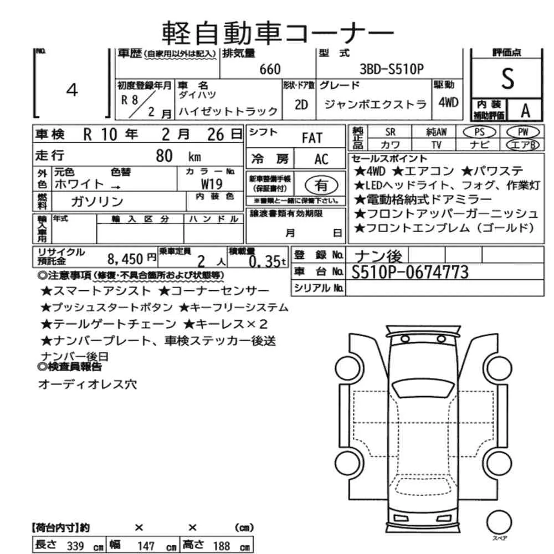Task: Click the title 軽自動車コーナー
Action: (278, 33)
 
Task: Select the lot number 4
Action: (72, 91)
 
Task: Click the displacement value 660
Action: (270, 69)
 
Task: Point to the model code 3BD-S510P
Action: (392, 69)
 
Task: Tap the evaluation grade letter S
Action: (507, 79)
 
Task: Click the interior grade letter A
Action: (524, 110)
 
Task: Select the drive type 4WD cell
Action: (448, 102)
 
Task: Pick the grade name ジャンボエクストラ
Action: (375, 104)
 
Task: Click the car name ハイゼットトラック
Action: (227, 111)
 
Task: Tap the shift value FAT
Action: (311, 138)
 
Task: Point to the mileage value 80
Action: (165, 155)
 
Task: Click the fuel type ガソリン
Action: (98, 201)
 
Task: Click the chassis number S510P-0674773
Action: (409, 272)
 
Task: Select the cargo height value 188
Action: (220, 546)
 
